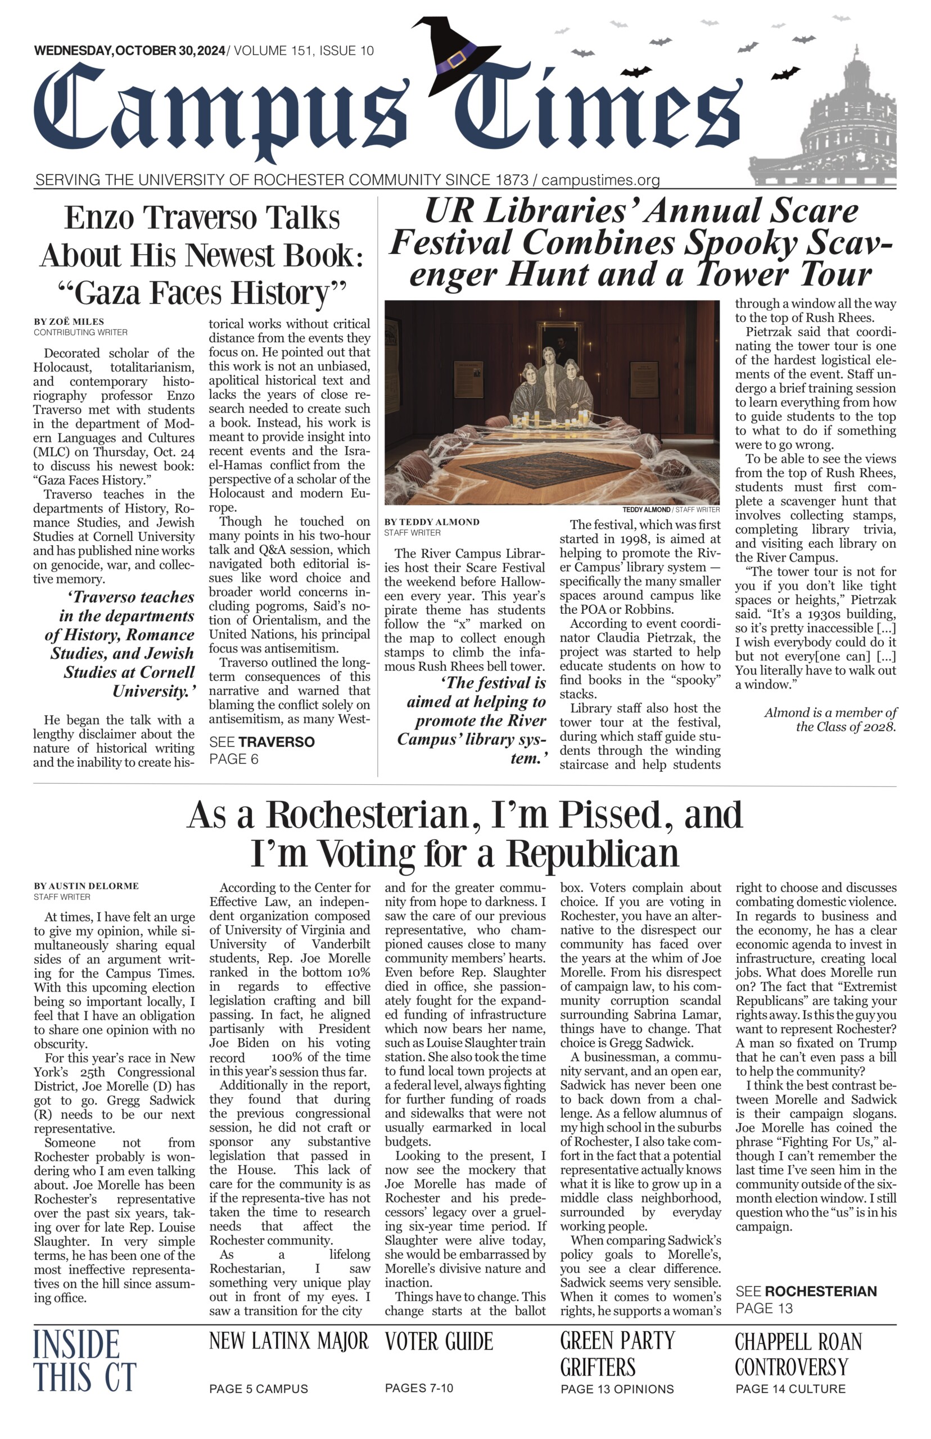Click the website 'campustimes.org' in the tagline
click(600, 180)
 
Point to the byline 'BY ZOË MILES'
click(69, 322)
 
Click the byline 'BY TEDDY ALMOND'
click(432, 522)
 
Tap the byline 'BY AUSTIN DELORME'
click(87, 886)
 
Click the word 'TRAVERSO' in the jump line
click(276, 742)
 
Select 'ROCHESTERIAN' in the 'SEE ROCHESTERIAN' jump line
click(820, 1292)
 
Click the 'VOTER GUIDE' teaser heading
click(439, 1342)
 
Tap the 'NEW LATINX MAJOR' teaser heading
click(288, 1341)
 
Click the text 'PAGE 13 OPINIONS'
click(617, 1389)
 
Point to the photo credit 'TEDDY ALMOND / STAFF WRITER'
click(671, 509)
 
